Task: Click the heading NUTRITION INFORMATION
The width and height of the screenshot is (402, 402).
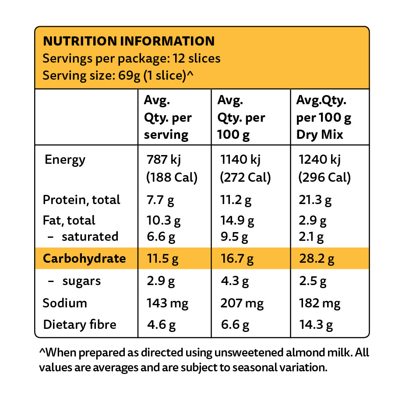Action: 129,41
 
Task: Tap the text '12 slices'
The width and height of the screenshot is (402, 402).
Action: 197,58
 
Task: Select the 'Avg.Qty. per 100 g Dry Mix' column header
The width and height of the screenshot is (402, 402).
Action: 324,117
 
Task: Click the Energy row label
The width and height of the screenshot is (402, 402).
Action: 65,160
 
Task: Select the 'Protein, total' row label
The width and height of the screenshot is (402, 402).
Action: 81,200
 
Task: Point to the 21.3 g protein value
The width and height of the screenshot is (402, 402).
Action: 315,200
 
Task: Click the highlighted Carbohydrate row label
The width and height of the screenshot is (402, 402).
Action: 84,258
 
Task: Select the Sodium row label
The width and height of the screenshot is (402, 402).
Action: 65,303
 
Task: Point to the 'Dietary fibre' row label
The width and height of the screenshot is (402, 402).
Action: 80,324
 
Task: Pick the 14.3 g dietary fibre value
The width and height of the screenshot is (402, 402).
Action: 315,325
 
